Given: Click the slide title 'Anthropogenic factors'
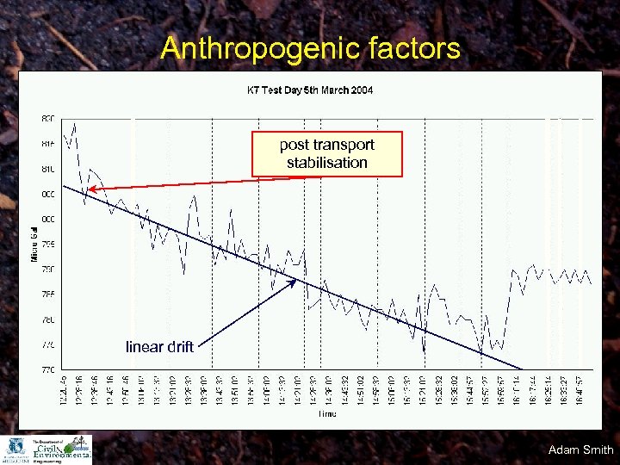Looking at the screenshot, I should (x=310, y=47).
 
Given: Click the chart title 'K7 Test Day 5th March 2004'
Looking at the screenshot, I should (x=310, y=90).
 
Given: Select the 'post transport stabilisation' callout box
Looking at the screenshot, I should (x=327, y=154).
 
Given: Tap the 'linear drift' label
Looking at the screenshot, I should (x=159, y=347).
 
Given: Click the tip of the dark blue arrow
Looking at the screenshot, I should (x=297, y=280).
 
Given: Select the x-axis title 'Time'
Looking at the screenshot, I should (x=326, y=413).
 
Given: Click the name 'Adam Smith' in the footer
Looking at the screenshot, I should (x=580, y=449).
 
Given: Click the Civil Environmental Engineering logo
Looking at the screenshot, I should (x=60, y=449).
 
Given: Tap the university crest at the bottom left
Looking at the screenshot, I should (x=15, y=449).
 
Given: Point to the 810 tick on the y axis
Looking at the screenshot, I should (x=47, y=169).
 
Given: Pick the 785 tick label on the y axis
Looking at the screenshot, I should (x=47, y=294).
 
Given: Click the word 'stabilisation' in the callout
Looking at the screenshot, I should (x=327, y=163).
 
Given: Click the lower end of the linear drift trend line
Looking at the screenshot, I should (x=521, y=369).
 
